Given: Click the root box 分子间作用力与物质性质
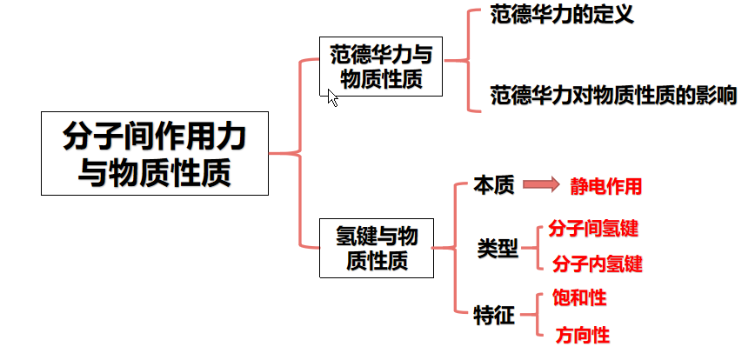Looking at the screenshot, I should [155, 153].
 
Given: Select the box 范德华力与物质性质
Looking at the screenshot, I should [381, 67].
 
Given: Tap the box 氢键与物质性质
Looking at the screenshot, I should [376, 247].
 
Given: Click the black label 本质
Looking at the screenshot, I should [494, 185].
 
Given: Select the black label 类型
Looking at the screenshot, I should [498, 249].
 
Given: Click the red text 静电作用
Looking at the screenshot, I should [606, 186].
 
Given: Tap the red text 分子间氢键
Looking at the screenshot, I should [595, 229].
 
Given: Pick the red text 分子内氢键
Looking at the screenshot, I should [597, 263].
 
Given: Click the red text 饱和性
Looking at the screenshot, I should [580, 298].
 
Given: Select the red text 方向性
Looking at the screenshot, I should [583, 335].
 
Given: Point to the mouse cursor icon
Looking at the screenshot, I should [332, 97].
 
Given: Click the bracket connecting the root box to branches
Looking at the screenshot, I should [299, 153].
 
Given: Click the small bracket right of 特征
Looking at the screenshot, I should [535, 316].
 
